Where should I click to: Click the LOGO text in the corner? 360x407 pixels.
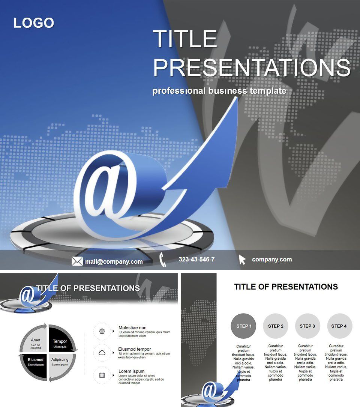(x=34, y=23)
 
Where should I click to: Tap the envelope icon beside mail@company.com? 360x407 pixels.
(x=77, y=261)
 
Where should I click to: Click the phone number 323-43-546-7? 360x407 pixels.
(x=196, y=259)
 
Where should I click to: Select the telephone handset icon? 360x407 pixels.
(x=163, y=260)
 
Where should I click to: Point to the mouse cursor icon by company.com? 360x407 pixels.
(x=242, y=260)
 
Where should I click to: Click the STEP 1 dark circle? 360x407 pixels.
(x=243, y=326)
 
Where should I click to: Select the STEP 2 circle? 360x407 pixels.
(x=276, y=326)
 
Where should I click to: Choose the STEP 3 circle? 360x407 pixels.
(x=307, y=326)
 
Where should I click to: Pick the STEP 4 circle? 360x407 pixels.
(x=339, y=326)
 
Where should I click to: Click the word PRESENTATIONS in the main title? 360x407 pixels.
(x=251, y=68)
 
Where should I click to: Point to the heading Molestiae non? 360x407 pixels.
(x=132, y=327)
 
